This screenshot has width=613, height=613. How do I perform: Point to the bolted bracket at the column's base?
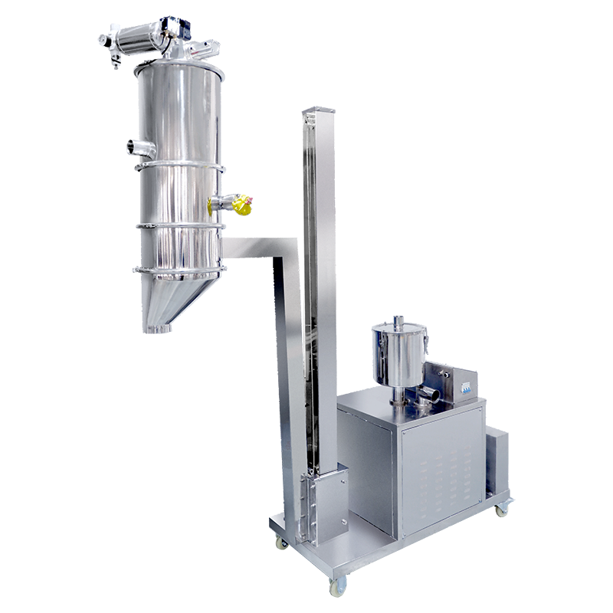[x=327, y=506]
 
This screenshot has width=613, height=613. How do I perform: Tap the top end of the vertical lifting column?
[x=318, y=116]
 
